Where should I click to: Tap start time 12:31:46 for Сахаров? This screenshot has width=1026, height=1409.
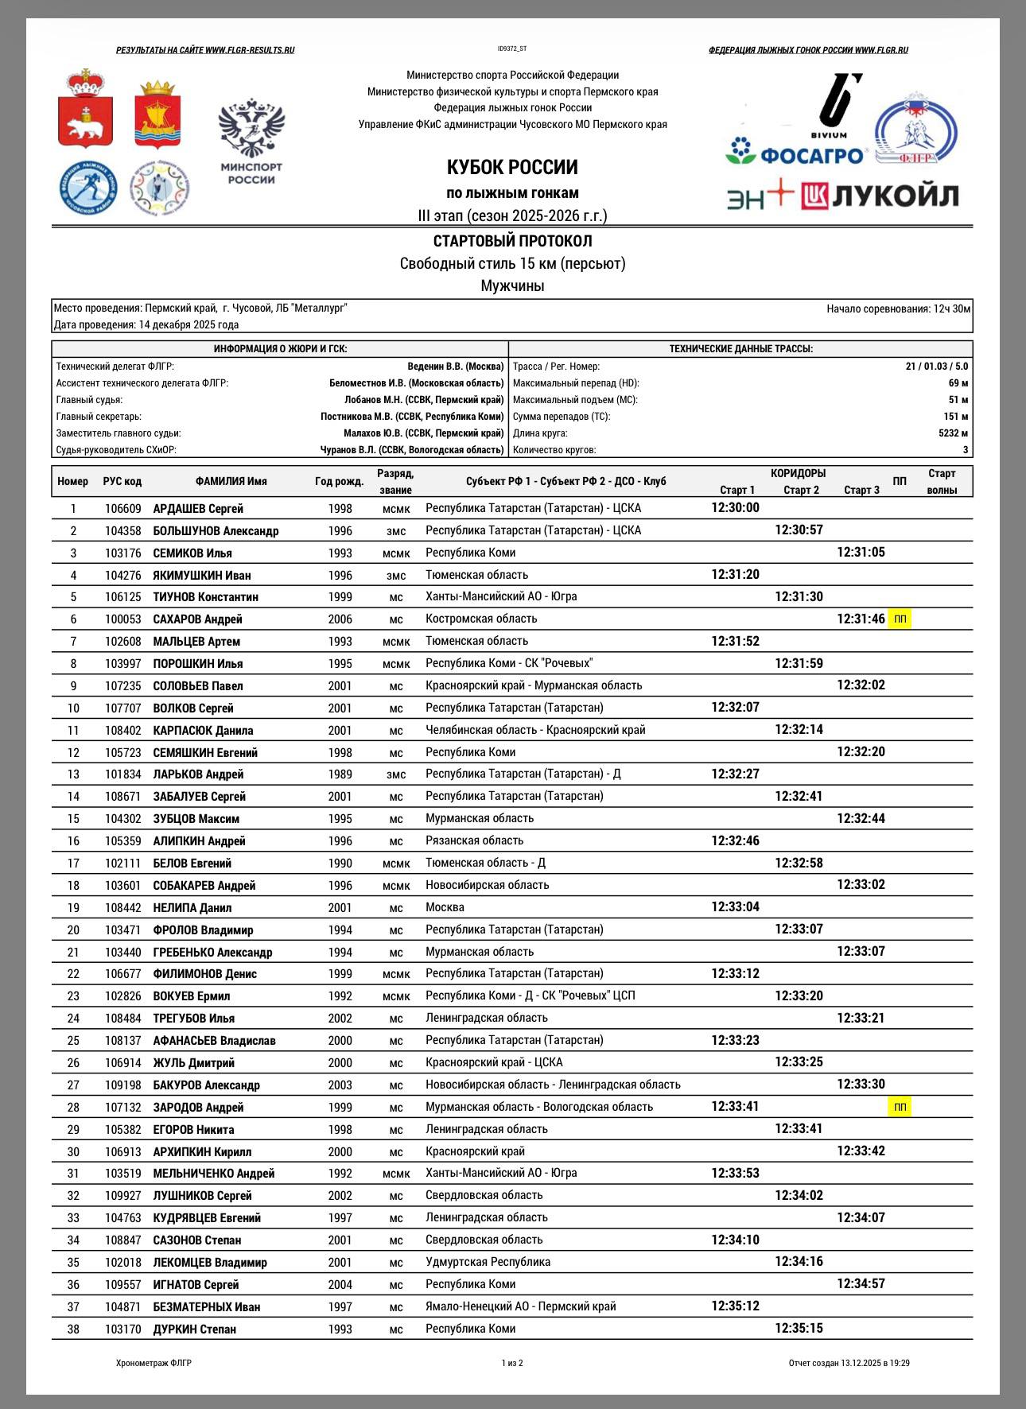click(861, 619)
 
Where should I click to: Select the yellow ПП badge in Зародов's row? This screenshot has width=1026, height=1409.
click(900, 1107)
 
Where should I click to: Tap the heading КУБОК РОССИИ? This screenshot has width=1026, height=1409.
click(512, 168)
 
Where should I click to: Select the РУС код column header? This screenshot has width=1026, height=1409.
click(122, 481)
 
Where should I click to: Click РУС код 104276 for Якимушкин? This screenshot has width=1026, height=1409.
click(122, 575)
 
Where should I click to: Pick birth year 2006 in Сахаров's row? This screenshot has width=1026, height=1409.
click(340, 619)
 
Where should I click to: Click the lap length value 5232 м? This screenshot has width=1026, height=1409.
click(953, 433)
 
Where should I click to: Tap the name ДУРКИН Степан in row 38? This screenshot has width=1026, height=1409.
click(195, 1329)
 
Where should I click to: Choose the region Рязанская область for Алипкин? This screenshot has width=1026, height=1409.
click(475, 840)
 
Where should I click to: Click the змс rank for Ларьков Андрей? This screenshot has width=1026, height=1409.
click(395, 774)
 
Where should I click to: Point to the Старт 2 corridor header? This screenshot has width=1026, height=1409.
click(801, 490)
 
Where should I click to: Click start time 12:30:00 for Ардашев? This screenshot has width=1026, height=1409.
click(735, 508)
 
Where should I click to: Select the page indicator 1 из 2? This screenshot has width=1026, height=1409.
click(512, 1363)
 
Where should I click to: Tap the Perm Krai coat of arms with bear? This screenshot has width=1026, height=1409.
click(85, 119)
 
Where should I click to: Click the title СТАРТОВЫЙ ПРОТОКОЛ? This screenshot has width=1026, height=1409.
click(512, 241)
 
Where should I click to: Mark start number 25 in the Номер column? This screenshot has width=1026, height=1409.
click(73, 1040)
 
